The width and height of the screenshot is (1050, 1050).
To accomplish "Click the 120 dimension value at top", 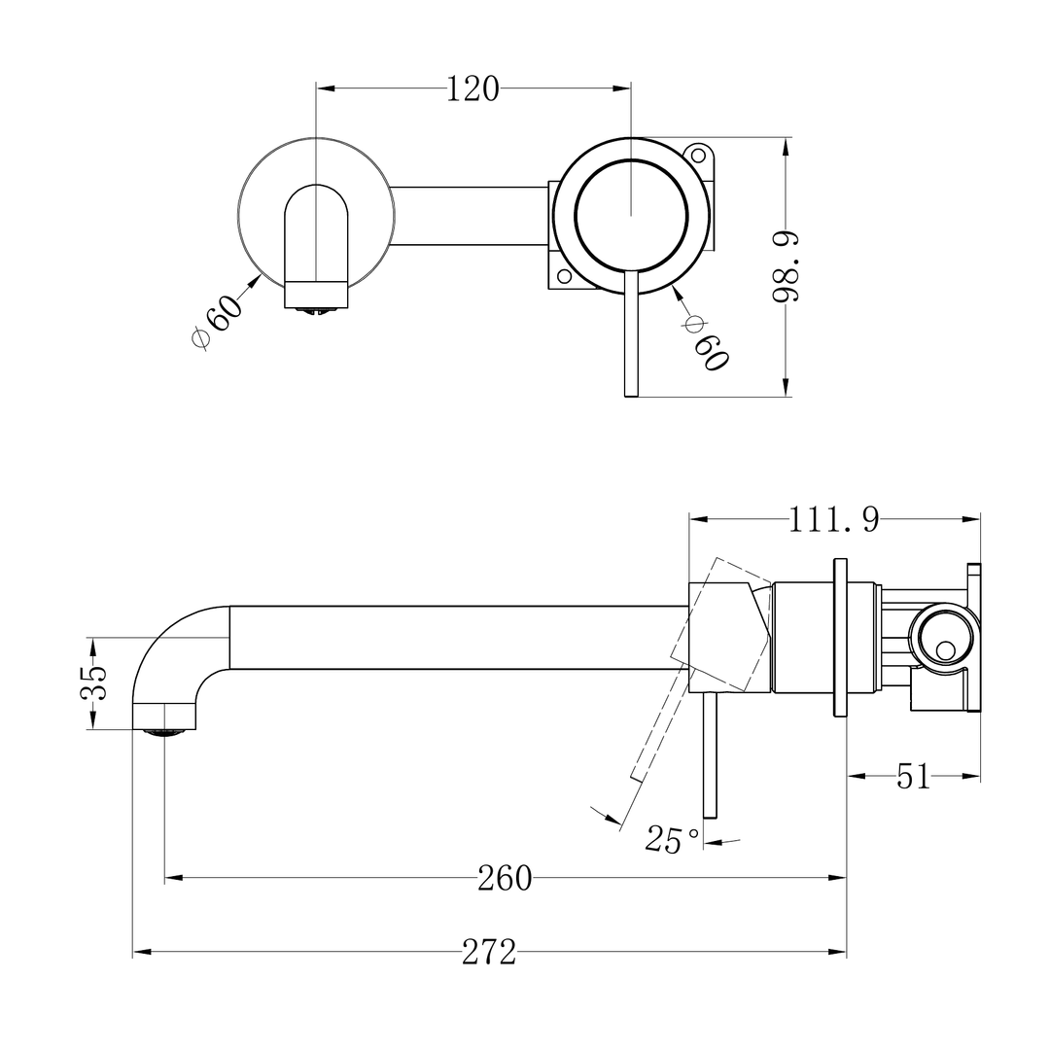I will click(x=472, y=89).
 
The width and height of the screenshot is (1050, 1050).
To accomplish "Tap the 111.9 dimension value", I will click(x=833, y=520).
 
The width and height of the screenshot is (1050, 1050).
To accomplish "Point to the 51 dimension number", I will click(x=913, y=777).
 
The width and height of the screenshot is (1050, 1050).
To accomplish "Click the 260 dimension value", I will click(x=505, y=878).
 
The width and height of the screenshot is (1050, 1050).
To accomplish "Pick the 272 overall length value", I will click(x=488, y=954).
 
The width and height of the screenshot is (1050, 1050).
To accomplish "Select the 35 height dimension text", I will click(x=93, y=683).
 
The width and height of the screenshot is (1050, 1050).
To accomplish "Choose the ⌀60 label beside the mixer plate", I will click(x=707, y=342).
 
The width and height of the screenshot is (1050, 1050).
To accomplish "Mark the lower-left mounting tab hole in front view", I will click(x=564, y=275).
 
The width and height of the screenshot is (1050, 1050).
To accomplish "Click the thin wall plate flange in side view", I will click(x=841, y=638).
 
